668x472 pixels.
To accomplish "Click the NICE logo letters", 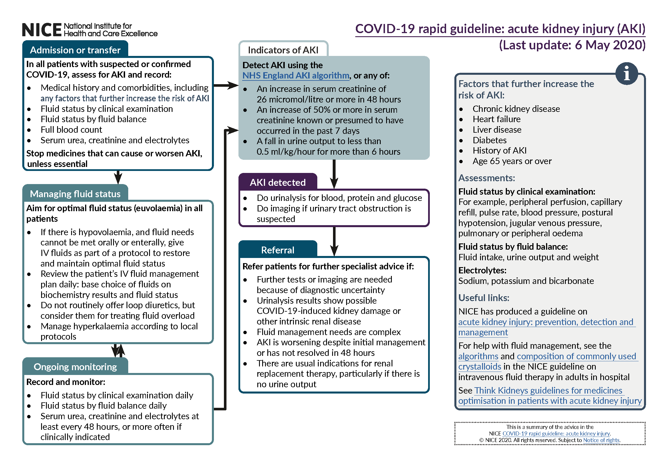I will tap(42, 30).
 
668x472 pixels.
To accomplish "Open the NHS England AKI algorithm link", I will tap(296, 76).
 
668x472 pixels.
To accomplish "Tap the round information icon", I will tap(626, 74).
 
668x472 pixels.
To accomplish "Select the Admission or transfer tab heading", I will tap(75, 50).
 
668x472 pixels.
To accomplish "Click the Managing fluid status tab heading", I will tap(75, 194).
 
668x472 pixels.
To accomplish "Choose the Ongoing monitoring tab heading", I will tap(75, 367).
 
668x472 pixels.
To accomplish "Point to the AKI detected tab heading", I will tap(278, 183).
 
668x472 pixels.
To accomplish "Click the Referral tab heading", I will tap(278, 250).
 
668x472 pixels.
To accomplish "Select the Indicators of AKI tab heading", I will tap(283, 50).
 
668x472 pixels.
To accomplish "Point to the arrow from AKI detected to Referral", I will tap(334, 241).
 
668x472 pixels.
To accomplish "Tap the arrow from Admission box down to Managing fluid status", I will tap(118, 177).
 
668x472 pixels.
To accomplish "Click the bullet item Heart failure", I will tap(496, 119).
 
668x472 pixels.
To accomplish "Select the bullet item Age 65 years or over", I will tap(512, 161).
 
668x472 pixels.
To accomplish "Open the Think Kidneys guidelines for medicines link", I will tap(548, 390).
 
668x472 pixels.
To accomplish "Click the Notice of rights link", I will tap(601, 440).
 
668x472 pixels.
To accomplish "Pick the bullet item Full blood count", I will tap(71, 130).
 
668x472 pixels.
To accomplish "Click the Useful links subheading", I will tap(484, 298).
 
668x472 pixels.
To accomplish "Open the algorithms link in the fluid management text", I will tap(478, 356).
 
